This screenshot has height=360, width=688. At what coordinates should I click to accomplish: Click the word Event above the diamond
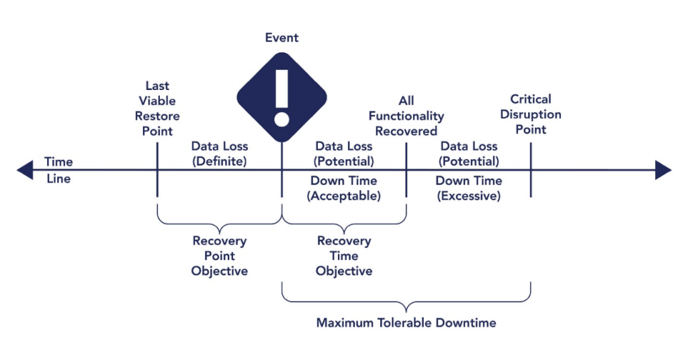(282, 38)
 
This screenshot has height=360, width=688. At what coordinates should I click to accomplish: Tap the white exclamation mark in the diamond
(282, 97)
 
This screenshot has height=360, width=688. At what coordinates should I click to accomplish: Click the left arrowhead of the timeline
(25, 170)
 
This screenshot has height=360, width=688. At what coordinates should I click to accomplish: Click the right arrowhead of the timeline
(663, 170)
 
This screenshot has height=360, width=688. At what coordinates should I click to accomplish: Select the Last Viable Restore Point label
(157, 108)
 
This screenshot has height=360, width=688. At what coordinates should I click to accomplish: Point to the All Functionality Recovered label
(406, 116)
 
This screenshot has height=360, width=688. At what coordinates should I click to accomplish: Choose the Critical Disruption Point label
(530, 114)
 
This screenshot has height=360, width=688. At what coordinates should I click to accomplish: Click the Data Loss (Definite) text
(219, 153)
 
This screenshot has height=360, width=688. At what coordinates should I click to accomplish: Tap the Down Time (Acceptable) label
(343, 188)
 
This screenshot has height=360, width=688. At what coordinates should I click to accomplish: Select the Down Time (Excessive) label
(468, 188)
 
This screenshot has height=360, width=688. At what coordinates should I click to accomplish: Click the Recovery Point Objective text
(219, 256)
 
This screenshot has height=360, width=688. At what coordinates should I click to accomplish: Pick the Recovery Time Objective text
(344, 256)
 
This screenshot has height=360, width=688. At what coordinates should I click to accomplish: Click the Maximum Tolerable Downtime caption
(406, 322)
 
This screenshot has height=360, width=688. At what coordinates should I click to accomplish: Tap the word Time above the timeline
(58, 162)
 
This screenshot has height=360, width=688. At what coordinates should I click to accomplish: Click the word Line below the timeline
(58, 179)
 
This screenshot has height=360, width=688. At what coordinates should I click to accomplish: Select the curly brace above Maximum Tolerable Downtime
(406, 299)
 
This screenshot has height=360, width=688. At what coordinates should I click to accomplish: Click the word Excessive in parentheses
(468, 196)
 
